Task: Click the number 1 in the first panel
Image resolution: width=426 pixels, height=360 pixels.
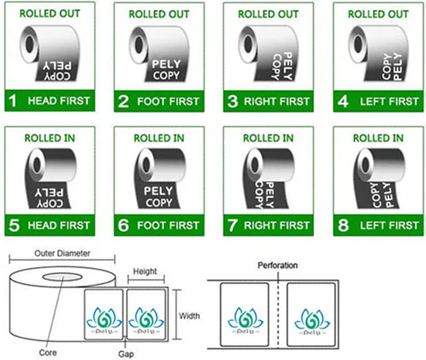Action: tap(13, 101)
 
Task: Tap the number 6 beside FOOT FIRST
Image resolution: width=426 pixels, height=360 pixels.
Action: tap(123, 225)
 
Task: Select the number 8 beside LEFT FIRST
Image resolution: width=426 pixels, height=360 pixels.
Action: tap(343, 225)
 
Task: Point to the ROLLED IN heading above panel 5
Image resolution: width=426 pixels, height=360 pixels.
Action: tap(50, 138)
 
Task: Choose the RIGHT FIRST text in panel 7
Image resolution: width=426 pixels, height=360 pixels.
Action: tap(277, 225)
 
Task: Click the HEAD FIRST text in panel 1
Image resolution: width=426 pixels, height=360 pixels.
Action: tap(59, 101)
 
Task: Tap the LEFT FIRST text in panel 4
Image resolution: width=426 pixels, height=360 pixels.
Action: tap(389, 101)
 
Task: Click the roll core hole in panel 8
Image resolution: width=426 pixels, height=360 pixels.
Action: tap(358, 165)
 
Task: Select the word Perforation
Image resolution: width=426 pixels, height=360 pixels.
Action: tap(278, 265)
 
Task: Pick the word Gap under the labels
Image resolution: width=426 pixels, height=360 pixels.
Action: tap(126, 353)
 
